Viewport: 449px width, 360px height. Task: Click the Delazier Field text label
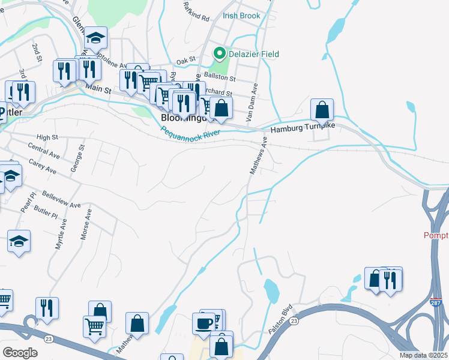(253, 55)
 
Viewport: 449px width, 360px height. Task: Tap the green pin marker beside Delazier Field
(220, 55)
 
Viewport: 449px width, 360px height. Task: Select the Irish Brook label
(241, 16)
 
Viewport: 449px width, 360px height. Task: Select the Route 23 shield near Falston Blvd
(294, 322)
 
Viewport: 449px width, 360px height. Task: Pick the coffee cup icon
(203, 323)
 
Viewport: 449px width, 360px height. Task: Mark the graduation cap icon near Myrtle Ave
(19, 241)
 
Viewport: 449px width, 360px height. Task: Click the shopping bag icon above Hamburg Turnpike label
(322, 110)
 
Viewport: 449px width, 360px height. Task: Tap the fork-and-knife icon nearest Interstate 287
(391, 279)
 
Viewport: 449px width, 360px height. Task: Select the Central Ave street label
(44, 149)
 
